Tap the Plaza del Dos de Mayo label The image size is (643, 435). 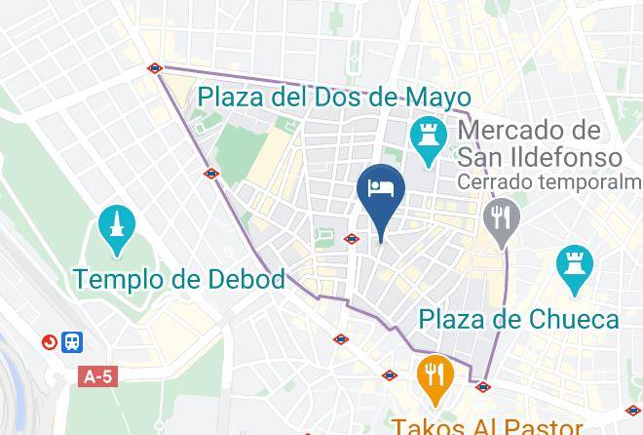[x=334, y=98]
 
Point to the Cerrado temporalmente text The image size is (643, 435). [x=551, y=182]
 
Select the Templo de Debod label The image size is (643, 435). [x=180, y=280]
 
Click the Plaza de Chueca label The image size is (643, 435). [x=518, y=319]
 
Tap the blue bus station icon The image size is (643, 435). [x=72, y=342]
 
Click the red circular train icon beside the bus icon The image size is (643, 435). [x=48, y=342]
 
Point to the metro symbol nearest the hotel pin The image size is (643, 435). [x=353, y=238]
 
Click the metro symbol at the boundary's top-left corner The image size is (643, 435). [x=155, y=68]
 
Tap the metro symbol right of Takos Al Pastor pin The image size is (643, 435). [x=482, y=386]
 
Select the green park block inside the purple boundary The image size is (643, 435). [x=234, y=153]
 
